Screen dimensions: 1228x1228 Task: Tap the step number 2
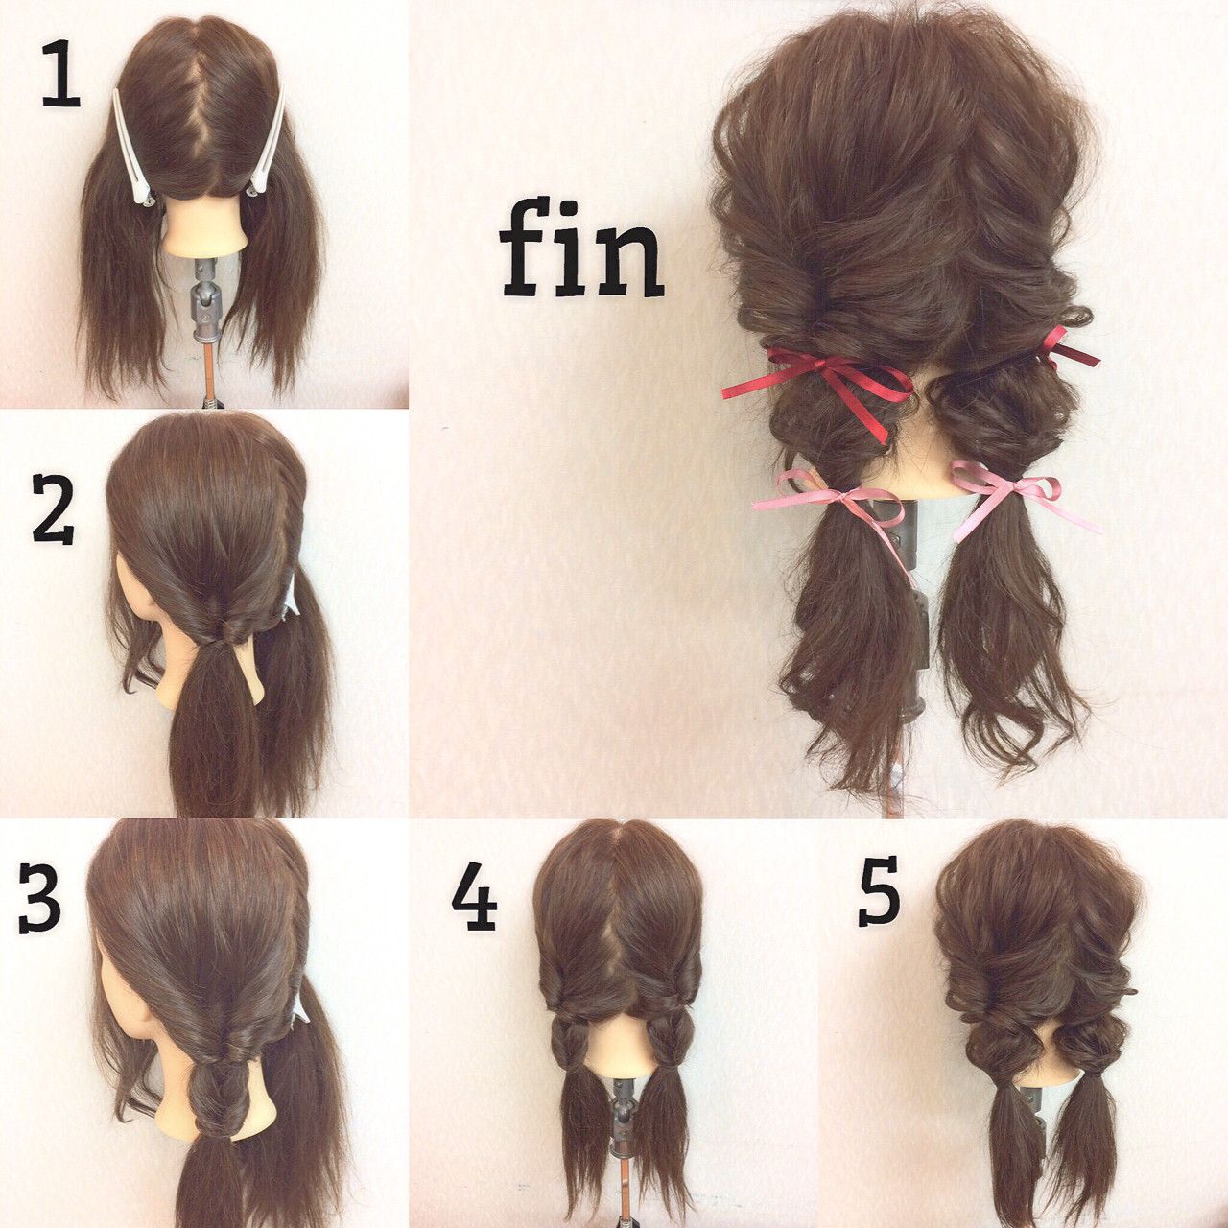(x=53, y=514)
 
